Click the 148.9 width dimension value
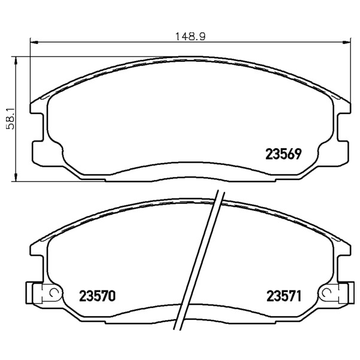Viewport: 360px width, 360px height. [190, 36]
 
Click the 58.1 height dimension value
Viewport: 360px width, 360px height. [11, 119]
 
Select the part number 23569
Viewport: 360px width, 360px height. [283, 154]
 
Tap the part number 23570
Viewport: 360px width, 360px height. [97, 296]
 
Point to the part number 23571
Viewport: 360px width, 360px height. [284, 296]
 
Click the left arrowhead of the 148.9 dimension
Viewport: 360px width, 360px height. [34, 42]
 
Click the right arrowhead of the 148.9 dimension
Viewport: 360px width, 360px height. [347, 42]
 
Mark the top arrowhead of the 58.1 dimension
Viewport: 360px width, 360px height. [16, 60]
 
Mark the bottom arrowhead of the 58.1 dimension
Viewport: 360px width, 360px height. [16, 178]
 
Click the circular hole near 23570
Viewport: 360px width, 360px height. [54, 293]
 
